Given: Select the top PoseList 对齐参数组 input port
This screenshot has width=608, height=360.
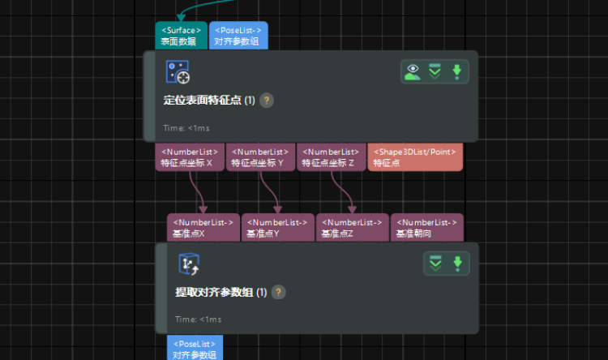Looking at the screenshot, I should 238,36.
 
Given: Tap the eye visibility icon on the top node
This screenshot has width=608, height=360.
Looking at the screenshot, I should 413,71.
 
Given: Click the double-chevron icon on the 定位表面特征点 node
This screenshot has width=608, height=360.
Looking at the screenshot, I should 435,71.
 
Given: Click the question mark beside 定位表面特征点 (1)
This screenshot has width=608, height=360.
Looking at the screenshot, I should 267,101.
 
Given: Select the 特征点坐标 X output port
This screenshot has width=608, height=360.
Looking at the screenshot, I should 190,157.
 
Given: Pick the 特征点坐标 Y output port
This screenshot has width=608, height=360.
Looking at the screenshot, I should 260,157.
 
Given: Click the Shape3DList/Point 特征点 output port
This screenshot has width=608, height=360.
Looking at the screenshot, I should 416,157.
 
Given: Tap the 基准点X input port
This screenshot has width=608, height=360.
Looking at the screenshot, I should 203,228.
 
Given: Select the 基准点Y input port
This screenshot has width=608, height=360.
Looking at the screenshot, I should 277,228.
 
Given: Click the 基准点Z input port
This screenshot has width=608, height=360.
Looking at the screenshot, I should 352,228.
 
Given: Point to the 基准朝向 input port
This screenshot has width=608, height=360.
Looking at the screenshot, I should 426,228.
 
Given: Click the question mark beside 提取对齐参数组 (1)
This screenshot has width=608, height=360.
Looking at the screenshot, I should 278,292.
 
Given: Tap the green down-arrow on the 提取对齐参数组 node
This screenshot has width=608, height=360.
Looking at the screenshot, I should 457,264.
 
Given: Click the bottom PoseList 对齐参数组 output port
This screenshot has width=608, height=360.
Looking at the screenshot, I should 195,349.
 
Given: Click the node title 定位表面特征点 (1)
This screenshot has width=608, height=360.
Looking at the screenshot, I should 209,101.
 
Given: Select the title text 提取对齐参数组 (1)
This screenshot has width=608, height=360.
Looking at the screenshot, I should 221,292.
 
